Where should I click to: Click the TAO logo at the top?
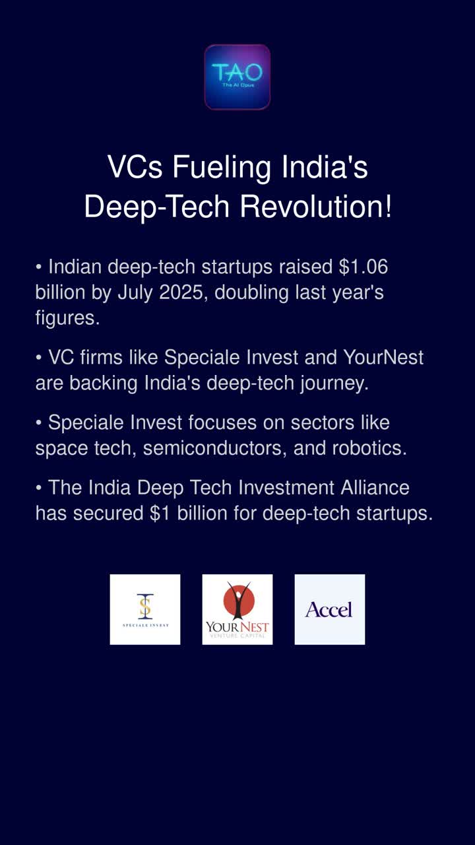click(x=237, y=77)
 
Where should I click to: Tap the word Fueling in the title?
click(x=221, y=168)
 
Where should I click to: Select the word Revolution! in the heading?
click(x=316, y=207)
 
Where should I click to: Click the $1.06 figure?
click(x=363, y=267)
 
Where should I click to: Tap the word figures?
click(x=67, y=318)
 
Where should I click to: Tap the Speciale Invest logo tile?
click(x=145, y=609)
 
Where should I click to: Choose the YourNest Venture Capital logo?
click(x=237, y=609)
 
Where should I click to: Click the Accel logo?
click(x=329, y=609)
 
